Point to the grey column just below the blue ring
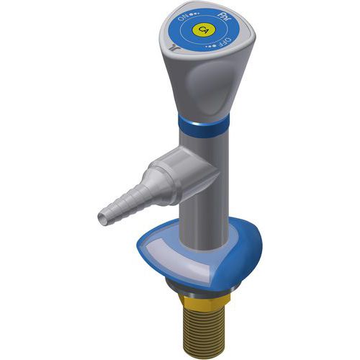[205, 144]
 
